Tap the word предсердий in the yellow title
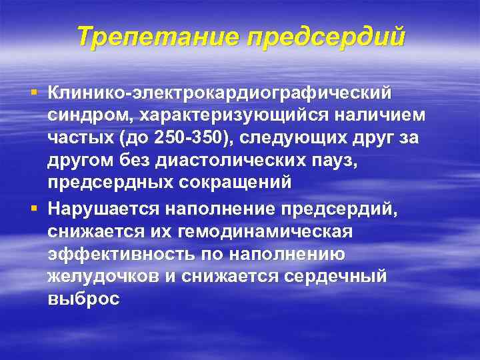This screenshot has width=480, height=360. pyautogui.click(x=326, y=37)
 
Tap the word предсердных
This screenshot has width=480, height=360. pyautogui.click(x=102, y=182)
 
